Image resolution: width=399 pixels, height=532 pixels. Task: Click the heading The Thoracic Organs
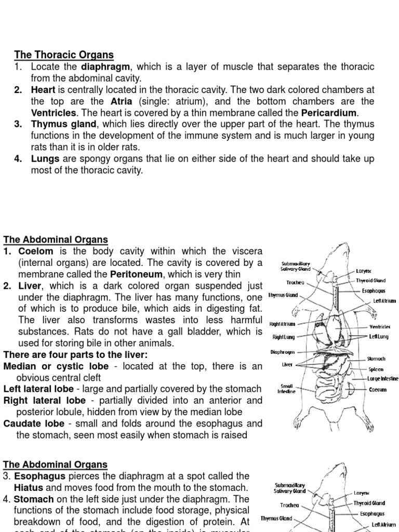(x=64, y=55)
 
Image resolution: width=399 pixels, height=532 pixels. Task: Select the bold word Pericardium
(x=329, y=113)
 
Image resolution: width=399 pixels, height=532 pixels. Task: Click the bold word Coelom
(x=36, y=251)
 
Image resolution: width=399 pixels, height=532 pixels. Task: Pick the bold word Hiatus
(x=29, y=487)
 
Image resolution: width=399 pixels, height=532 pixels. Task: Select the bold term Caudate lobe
(x=33, y=423)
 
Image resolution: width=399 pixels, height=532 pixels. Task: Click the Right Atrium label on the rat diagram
(x=282, y=324)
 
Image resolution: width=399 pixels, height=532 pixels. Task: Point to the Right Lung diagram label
(x=283, y=337)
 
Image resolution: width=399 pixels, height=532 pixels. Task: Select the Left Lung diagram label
(x=379, y=337)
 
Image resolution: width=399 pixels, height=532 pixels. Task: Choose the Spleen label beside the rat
(x=376, y=369)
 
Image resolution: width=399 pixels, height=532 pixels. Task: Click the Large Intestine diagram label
(x=382, y=379)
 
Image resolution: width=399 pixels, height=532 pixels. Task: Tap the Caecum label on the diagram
(x=378, y=390)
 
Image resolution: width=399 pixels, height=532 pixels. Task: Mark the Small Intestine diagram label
(x=287, y=389)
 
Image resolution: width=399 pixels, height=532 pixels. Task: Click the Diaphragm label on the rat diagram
(x=283, y=352)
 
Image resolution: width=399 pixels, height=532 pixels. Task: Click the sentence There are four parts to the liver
(x=75, y=355)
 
